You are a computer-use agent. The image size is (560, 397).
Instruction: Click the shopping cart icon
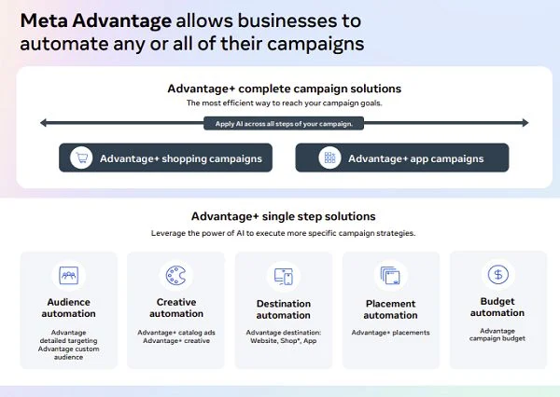(81, 157)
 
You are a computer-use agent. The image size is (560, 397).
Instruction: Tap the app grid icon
(329, 157)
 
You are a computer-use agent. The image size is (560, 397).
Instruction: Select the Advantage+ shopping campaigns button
(166, 157)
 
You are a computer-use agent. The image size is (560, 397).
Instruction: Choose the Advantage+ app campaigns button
(402, 157)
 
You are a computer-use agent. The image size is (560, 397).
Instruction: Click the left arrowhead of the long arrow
(43, 123)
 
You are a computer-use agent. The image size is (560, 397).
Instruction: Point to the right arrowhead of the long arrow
(525, 123)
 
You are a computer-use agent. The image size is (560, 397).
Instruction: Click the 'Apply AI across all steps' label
(284, 124)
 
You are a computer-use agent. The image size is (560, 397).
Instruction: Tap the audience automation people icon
(68, 275)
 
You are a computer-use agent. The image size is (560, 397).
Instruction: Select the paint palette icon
(176, 275)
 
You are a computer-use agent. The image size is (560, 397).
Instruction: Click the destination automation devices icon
(284, 277)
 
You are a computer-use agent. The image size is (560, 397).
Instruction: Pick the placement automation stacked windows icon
(390, 276)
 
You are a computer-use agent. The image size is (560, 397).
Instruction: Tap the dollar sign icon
(497, 275)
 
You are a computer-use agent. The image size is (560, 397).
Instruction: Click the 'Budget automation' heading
(497, 308)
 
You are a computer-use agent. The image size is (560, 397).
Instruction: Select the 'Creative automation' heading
(176, 308)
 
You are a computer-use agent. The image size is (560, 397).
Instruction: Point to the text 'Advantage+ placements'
(391, 333)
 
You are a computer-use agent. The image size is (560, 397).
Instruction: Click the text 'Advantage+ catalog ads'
(176, 333)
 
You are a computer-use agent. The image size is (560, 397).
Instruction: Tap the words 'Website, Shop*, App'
(284, 341)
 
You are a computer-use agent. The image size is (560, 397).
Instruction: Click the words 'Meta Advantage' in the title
(96, 21)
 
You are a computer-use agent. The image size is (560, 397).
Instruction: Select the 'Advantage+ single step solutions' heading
(284, 216)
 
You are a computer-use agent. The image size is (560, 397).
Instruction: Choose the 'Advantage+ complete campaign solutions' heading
(285, 89)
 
